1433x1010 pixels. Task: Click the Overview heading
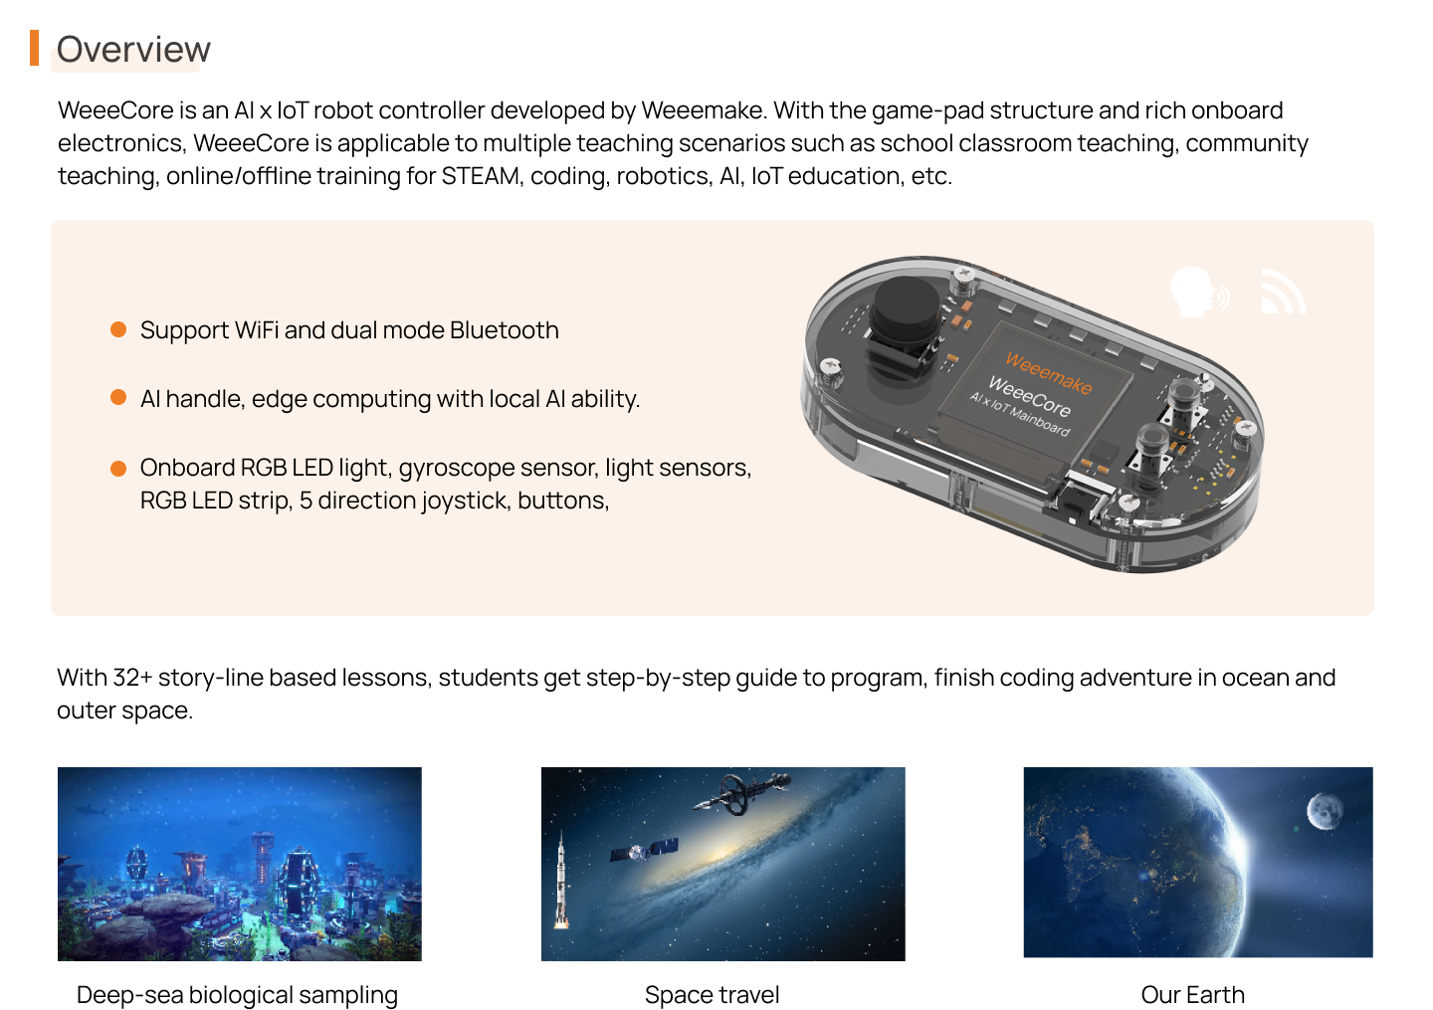133,49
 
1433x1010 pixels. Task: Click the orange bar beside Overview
34,48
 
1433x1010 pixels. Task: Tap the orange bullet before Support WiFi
118,329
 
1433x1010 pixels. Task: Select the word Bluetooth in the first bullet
505,330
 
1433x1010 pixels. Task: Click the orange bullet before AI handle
118,397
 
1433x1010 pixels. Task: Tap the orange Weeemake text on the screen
1049,373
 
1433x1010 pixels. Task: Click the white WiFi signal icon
1283,292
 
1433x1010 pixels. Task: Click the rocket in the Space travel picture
561,880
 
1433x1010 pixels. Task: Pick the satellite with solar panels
644,850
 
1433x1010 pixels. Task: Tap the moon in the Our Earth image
1325,810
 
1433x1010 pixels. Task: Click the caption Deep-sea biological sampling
237,995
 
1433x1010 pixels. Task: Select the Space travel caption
712,995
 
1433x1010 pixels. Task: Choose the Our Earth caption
1192,995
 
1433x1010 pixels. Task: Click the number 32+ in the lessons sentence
132,678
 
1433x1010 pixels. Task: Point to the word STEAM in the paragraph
480,176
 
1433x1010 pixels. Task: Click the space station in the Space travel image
742,793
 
